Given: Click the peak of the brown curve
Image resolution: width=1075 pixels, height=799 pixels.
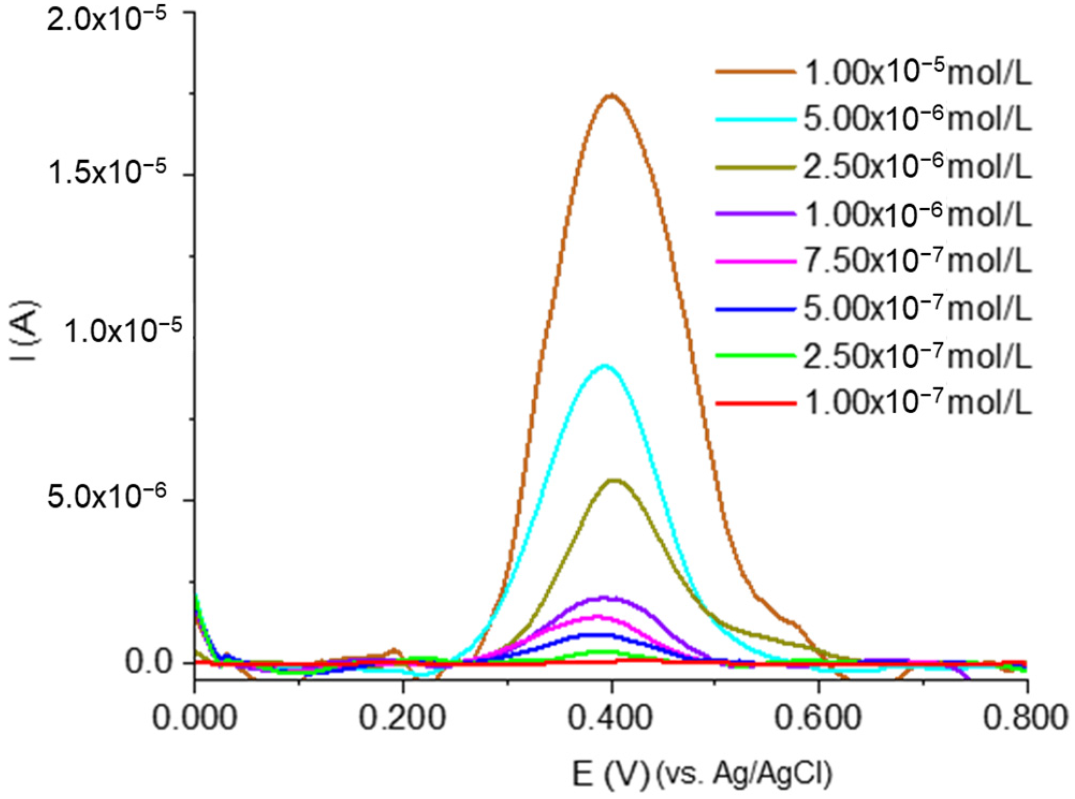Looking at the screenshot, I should [611, 96].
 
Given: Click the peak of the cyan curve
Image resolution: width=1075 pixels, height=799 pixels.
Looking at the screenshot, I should [605, 366].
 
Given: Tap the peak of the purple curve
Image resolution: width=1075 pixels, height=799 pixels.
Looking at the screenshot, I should [605, 597].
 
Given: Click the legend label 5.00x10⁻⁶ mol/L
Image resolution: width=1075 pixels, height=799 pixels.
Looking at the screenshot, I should [917, 119].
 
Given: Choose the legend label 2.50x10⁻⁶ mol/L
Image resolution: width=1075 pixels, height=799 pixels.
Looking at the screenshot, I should [917, 167].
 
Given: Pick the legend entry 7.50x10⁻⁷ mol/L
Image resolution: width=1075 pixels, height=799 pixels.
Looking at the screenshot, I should [917, 261].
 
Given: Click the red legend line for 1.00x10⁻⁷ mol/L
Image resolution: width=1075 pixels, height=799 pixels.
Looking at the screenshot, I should [755, 403].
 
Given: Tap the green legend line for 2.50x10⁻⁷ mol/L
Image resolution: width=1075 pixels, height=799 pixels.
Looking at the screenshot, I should [755, 355].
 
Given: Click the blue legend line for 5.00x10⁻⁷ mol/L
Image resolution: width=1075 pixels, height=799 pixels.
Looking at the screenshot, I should [755, 309].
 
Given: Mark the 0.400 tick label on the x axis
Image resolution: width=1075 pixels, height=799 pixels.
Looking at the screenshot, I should [610, 718].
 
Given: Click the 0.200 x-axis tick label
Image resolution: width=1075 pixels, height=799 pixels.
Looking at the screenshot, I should [402, 718].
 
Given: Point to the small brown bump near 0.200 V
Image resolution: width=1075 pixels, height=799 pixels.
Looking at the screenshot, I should [395, 650].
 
